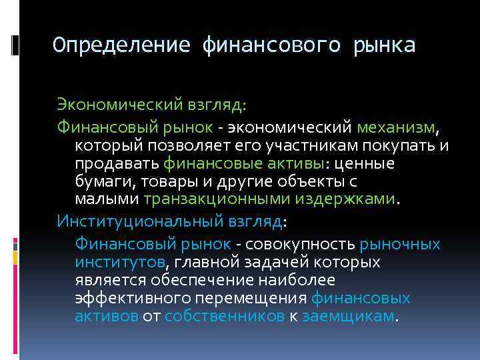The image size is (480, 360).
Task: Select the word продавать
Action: [117, 163]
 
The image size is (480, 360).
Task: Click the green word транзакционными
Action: [208, 199]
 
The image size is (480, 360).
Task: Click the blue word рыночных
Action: [399, 244]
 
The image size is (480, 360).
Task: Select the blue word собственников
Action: [224, 316]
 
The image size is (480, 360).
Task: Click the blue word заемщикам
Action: [348, 316]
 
